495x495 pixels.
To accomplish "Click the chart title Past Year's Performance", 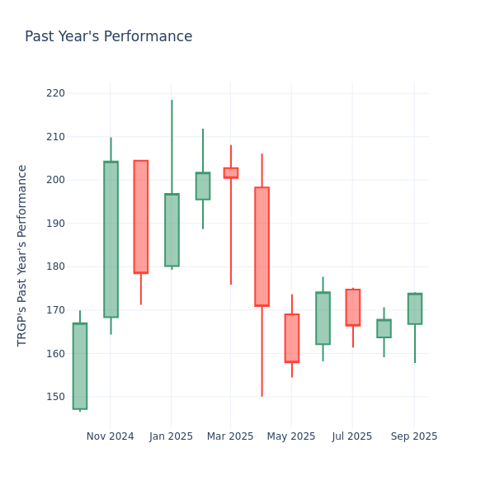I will click(x=108, y=37).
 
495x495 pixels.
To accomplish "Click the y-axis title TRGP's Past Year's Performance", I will click(x=22, y=255).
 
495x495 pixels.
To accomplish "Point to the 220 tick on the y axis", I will click(x=56, y=93).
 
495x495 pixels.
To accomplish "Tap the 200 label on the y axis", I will click(x=56, y=180).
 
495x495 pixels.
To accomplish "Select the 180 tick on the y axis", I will click(x=56, y=266).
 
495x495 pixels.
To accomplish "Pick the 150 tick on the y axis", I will click(x=56, y=397).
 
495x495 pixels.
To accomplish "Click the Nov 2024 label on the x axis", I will click(x=110, y=436).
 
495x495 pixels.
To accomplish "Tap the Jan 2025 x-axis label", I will click(x=171, y=436).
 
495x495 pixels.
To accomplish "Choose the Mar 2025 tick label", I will click(x=230, y=436).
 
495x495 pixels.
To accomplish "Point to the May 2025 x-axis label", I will click(x=291, y=436).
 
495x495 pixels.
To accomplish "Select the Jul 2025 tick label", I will click(x=352, y=436).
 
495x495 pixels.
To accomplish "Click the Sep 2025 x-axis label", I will click(x=414, y=436).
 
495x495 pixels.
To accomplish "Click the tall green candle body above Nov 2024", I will click(x=111, y=239).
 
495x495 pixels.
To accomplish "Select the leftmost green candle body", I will click(x=80, y=365).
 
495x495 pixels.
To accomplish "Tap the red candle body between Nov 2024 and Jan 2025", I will click(x=141, y=217).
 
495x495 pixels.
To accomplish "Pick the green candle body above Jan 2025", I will click(x=172, y=230).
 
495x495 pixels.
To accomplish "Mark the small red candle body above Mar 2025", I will click(x=231, y=172).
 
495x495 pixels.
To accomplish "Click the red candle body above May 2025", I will click(x=292, y=338).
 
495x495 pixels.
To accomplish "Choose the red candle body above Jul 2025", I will click(x=353, y=308).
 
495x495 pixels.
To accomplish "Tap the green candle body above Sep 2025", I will click(x=415, y=309).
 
